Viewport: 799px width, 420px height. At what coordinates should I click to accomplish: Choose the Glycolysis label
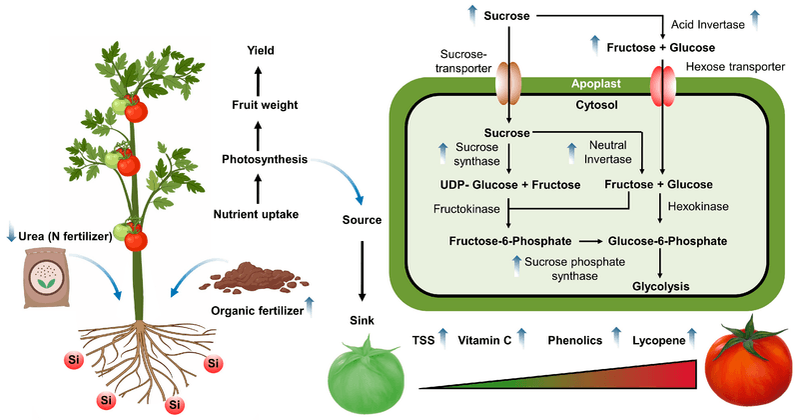(660, 285)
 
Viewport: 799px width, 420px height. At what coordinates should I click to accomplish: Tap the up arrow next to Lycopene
(694, 339)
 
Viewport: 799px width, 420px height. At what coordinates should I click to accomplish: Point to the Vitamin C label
(484, 340)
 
